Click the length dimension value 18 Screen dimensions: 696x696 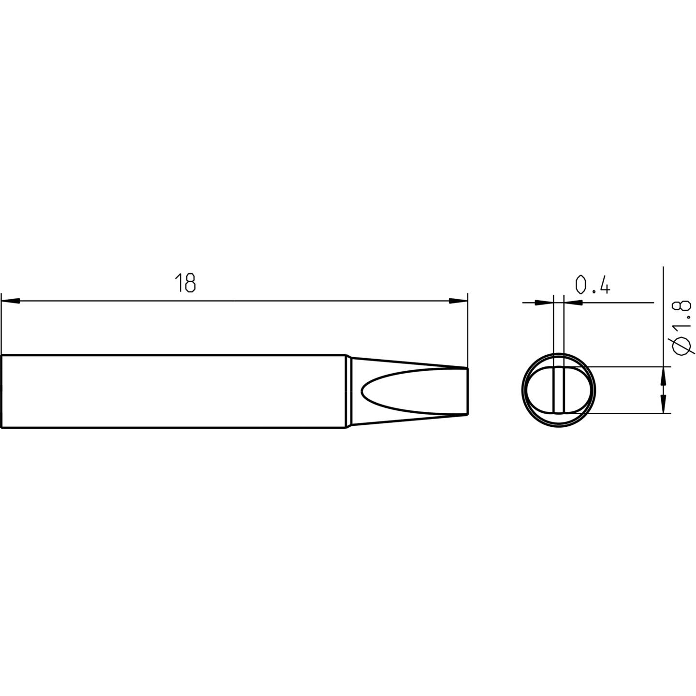click(185, 283)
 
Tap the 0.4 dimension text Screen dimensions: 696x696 click(593, 285)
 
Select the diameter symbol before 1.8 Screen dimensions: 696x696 click(681, 347)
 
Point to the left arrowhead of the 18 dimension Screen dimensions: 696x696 click(11, 301)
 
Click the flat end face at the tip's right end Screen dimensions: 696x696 click(468, 391)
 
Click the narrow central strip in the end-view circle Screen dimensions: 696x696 click(558, 391)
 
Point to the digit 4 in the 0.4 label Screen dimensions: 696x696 click(604, 285)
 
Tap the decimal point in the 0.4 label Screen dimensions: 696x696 click(593, 291)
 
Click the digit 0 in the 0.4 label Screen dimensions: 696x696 click(581, 285)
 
